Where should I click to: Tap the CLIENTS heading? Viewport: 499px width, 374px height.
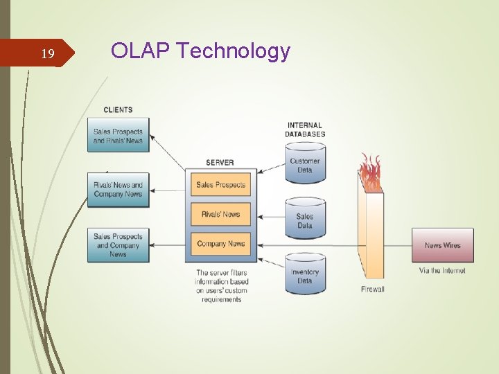point(118,109)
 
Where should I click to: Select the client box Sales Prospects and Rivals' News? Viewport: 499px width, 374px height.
point(118,136)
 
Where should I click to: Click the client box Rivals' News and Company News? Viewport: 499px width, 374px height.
point(118,190)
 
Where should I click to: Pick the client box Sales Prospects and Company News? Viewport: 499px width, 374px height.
point(118,245)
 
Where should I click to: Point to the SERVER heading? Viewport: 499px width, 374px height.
point(220,163)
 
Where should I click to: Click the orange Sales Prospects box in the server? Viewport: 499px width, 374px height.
point(220,185)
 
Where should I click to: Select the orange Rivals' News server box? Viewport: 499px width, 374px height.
point(220,214)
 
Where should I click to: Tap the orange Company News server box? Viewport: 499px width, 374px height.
point(220,244)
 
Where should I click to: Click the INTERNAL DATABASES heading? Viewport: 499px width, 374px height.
point(305,130)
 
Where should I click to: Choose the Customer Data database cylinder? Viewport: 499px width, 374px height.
point(305,165)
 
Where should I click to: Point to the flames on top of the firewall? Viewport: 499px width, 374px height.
point(371,173)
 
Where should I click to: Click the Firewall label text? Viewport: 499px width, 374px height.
point(372,289)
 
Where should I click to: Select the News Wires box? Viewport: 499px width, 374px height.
point(442,245)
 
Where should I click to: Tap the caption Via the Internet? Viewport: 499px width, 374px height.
point(442,271)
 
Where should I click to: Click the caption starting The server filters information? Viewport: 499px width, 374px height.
point(221,286)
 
